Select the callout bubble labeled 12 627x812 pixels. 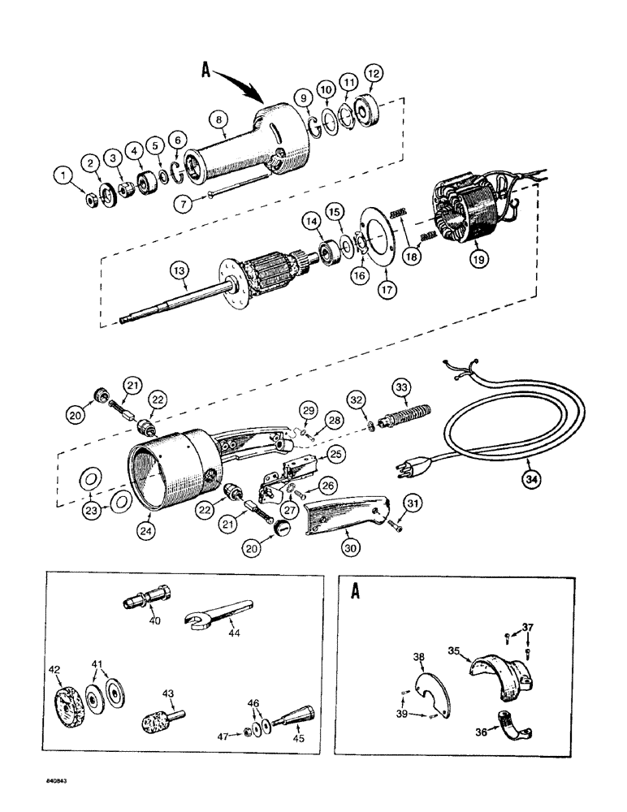[x=374, y=76]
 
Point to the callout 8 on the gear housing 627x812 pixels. [x=217, y=120]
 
